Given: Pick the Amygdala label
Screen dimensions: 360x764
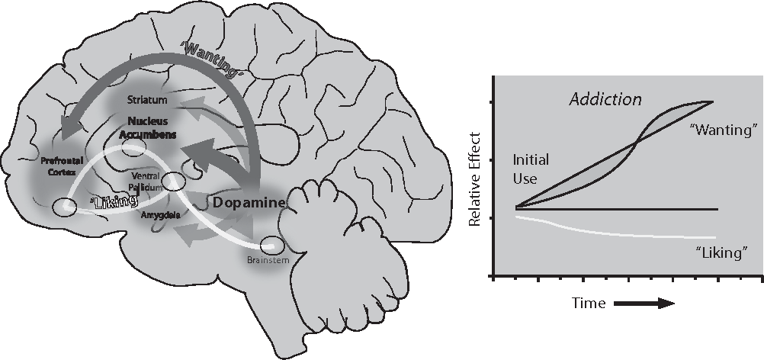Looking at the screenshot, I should pos(161,216).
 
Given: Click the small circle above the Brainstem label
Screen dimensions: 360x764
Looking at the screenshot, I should pos(271,246).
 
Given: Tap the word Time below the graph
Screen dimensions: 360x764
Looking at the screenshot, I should pos(589,304).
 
